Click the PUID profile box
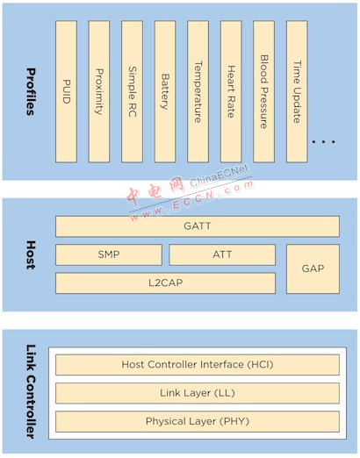click(66, 91)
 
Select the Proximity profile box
click(99, 91)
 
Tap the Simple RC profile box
click(133, 91)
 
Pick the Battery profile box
click(165, 91)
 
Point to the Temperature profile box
click(198, 91)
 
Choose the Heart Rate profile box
click(231, 91)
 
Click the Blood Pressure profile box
click(263, 91)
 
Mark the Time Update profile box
click(297, 91)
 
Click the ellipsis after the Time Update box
click(323, 142)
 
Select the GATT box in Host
click(198, 226)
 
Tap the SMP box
click(109, 254)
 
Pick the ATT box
click(222, 254)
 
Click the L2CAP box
click(165, 283)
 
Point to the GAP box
click(313, 268)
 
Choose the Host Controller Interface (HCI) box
click(198, 365)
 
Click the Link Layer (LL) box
click(198, 393)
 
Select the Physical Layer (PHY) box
click(198, 421)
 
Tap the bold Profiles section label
click(31, 92)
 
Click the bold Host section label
click(31, 254)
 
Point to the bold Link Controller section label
click(31, 391)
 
